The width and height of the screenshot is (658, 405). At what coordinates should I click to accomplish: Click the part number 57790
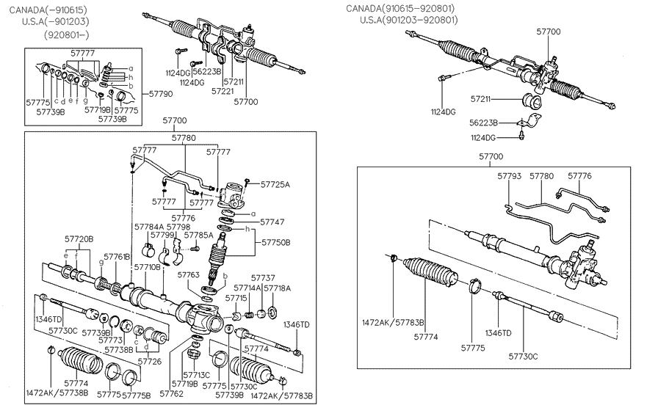click(161, 94)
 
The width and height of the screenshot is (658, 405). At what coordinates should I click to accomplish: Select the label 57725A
click(275, 184)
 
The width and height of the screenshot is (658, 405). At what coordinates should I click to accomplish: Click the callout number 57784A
click(148, 227)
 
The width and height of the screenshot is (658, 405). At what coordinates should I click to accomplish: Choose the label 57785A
click(199, 236)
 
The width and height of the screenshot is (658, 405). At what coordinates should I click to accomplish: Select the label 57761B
click(117, 257)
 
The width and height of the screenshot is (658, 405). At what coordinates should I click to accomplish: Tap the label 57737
click(263, 278)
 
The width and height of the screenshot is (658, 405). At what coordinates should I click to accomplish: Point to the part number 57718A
click(277, 288)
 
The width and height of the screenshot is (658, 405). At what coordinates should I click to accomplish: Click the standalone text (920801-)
click(67, 34)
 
